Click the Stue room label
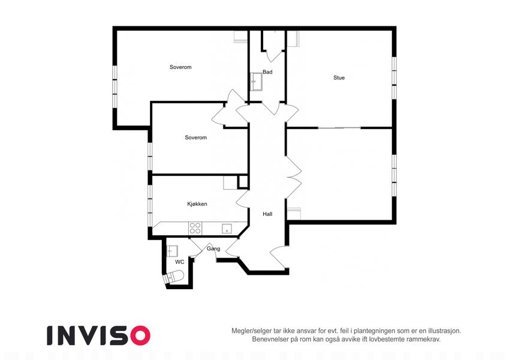point(339,77)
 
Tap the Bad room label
point(267,72)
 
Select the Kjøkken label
point(197,204)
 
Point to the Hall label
point(267,214)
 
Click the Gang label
point(213,248)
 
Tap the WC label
point(179,262)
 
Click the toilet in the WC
point(174,277)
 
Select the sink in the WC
point(172,251)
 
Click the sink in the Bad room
point(257,81)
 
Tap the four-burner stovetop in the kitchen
point(195,228)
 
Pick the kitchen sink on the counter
point(227,229)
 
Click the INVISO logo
point(99,335)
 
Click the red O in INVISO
point(140,335)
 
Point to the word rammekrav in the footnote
point(425,340)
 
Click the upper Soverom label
point(180,67)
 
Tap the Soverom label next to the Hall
point(195,137)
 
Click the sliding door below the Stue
point(339,128)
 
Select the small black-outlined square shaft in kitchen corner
point(243,182)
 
